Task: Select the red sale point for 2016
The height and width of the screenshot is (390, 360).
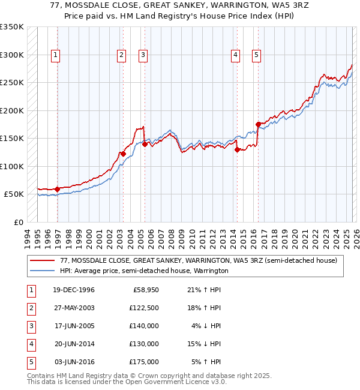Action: (258, 124)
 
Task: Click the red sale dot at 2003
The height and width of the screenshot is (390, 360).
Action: (123, 154)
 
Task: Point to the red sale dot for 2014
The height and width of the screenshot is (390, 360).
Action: (238, 149)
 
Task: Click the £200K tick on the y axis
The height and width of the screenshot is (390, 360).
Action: (12, 110)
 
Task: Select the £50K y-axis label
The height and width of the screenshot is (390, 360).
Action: (14, 194)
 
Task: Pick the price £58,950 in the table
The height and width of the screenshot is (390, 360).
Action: (146, 290)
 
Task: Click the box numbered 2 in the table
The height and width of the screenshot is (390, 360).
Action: (31, 308)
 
